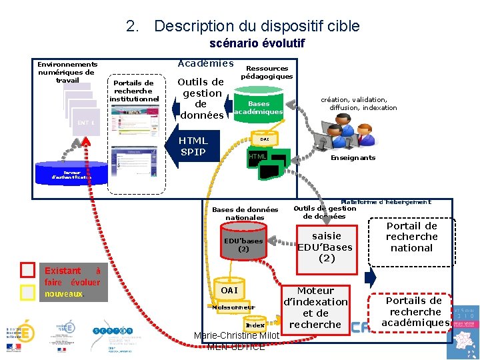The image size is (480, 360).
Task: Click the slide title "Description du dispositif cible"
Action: pyautogui.click(x=257, y=26)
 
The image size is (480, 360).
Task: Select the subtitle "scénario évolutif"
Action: pyautogui.click(x=257, y=43)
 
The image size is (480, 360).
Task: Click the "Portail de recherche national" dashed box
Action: pyautogui.click(x=411, y=237)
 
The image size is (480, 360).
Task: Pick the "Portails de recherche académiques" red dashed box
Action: pyautogui.click(x=415, y=311)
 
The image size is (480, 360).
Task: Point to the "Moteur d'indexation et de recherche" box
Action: pyautogui.click(x=315, y=308)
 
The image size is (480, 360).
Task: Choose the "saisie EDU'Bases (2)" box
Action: pyautogui.click(x=326, y=247)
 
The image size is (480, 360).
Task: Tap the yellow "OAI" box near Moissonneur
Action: pyautogui.click(x=229, y=291)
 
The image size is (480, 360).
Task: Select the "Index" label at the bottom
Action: pyautogui.click(x=255, y=325)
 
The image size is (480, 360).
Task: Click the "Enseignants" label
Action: pyautogui.click(x=353, y=158)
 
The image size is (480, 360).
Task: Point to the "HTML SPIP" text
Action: pyautogui.click(x=193, y=146)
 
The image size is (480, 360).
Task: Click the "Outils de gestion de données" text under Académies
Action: pyautogui.click(x=202, y=99)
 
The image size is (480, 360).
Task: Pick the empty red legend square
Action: pyautogui.click(x=27, y=270)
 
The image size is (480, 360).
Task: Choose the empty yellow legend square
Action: pyautogui.click(x=27, y=293)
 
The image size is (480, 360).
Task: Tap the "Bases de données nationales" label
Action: pyautogui.click(x=245, y=213)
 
